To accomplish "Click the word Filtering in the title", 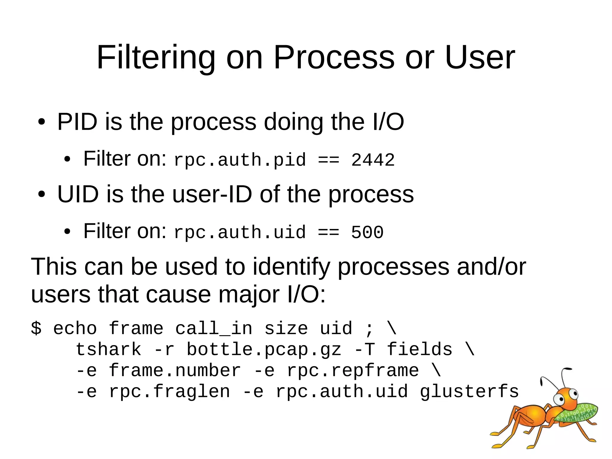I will [156, 57].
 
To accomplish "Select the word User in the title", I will [480, 57].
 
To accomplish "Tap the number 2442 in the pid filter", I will [373, 160].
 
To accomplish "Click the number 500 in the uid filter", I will [367, 232].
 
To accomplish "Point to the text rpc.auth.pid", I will [240, 160].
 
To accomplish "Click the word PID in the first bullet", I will [77, 122].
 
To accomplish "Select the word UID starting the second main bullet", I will [78, 194].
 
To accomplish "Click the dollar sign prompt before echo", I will [36, 328].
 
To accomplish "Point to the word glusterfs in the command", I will [469, 391].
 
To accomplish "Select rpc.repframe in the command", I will [353, 370].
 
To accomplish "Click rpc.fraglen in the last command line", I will [169, 391].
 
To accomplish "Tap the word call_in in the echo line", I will [214, 328].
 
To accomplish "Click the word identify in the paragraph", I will [291, 267].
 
